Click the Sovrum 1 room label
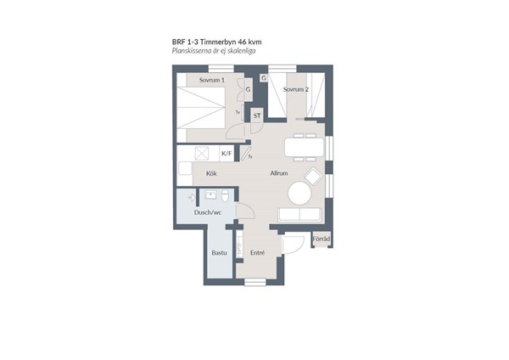(x=212, y=80)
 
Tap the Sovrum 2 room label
(x=296, y=89)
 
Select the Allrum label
(x=279, y=173)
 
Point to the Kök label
(x=211, y=173)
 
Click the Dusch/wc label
(x=208, y=212)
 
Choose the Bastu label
(x=219, y=253)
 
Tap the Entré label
(x=257, y=253)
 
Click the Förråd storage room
(x=322, y=239)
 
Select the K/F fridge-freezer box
(x=227, y=154)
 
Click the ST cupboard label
(x=257, y=116)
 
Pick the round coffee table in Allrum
(x=299, y=193)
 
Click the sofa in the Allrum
(x=299, y=215)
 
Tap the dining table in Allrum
(x=305, y=147)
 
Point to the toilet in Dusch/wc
(x=225, y=196)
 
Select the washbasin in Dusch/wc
(x=210, y=195)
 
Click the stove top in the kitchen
(x=202, y=154)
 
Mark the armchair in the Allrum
(x=313, y=177)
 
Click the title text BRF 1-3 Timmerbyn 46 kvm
(x=217, y=42)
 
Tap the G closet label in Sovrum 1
(x=248, y=89)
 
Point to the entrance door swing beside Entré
(x=293, y=245)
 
